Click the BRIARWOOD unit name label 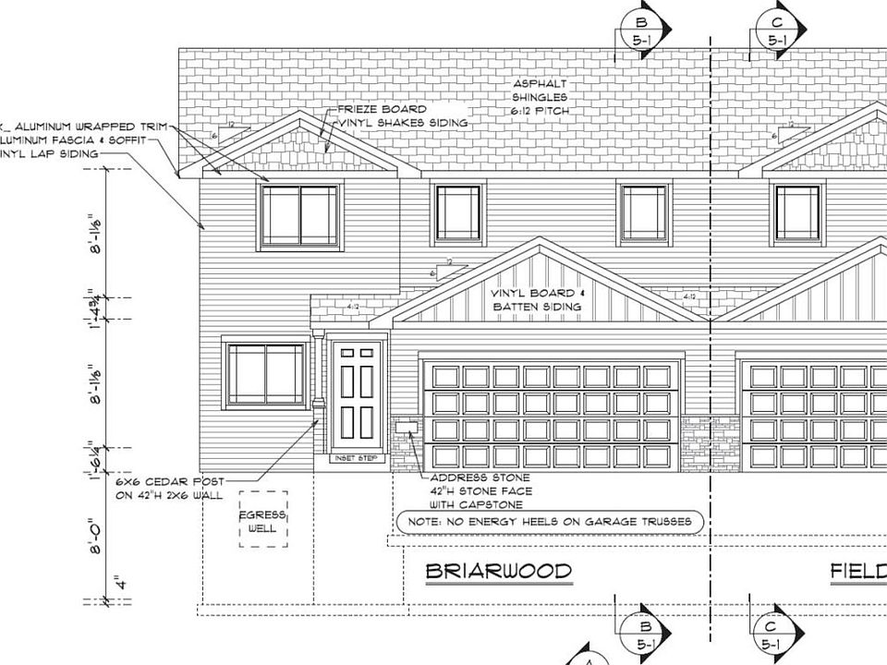498,572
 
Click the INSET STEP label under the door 356,458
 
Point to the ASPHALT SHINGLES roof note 541,97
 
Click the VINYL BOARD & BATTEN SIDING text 537,299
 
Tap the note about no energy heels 550,523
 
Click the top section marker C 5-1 776,29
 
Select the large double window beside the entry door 266,374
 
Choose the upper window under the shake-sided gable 298,215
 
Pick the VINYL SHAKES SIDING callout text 403,122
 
